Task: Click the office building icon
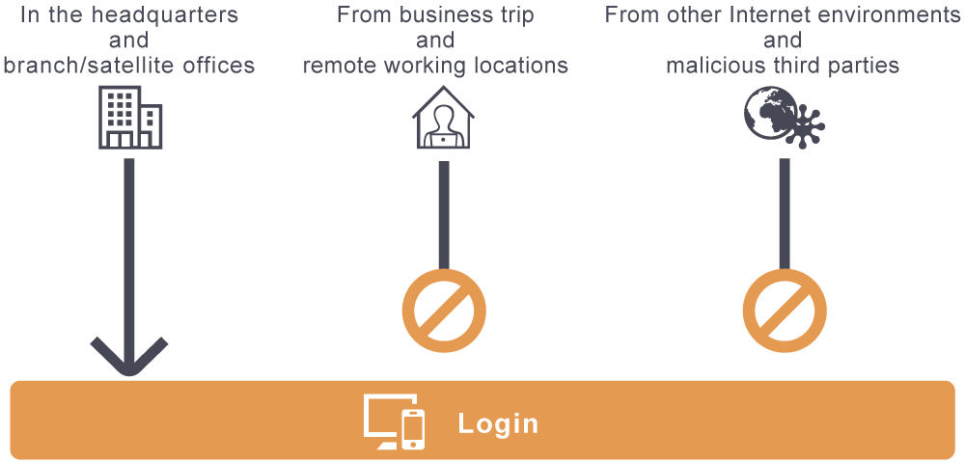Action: [x=129, y=117]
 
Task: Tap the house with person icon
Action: [x=444, y=119]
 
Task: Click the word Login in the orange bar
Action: [x=498, y=423]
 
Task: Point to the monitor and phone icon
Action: [x=394, y=422]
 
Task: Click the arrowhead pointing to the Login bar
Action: [x=129, y=356]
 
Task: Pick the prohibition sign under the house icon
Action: [x=444, y=312]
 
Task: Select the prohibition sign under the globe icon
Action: [x=785, y=312]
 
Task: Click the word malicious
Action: [x=710, y=66]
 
